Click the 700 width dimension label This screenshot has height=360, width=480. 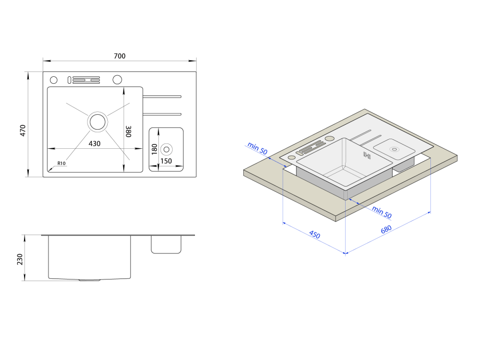pyautogui.click(x=119, y=56)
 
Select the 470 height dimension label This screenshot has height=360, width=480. pyautogui.click(x=23, y=131)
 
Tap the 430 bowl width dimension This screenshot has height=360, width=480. pyautogui.click(x=94, y=143)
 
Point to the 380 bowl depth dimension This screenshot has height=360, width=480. pyautogui.click(x=128, y=132)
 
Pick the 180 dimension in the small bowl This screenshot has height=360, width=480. pyautogui.click(x=154, y=149)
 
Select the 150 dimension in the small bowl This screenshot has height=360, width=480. pyautogui.click(x=166, y=161)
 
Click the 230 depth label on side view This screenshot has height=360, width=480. pyautogui.click(x=20, y=259)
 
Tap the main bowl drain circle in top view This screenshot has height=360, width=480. pyautogui.click(x=98, y=122)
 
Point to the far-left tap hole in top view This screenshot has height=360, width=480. pyautogui.click(x=53, y=80)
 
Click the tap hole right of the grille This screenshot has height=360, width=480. pyautogui.click(x=117, y=80)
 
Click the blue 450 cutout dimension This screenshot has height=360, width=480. pyautogui.click(x=314, y=235)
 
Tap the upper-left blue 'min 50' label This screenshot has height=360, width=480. pyautogui.click(x=257, y=148)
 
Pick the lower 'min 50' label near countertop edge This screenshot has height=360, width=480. pyautogui.click(x=381, y=212)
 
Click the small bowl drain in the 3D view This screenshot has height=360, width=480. pyautogui.click(x=394, y=149)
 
